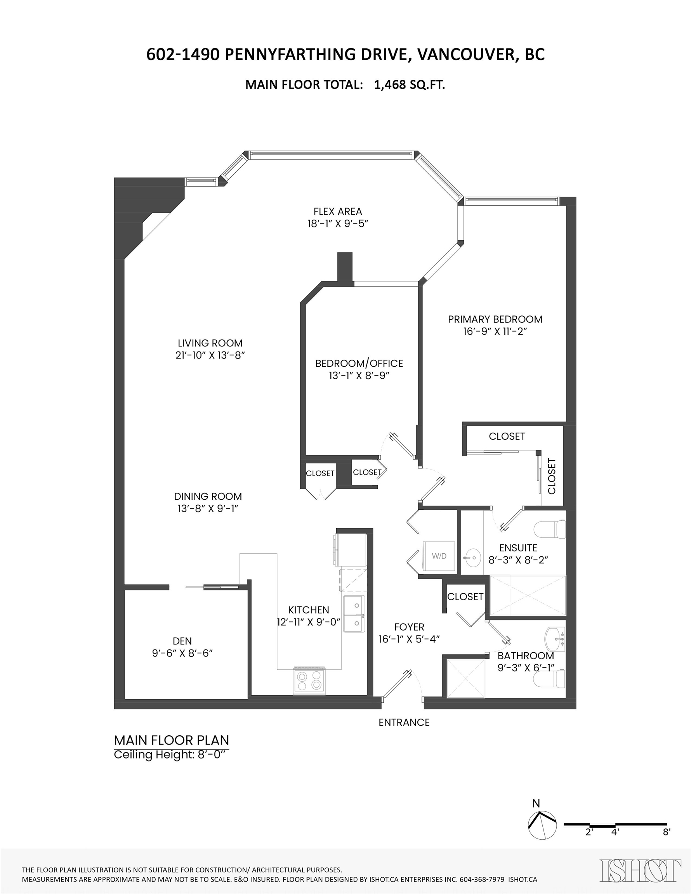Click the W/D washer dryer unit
(x=439, y=556)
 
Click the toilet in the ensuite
(x=550, y=529)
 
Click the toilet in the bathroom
(x=550, y=679)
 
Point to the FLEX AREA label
(x=338, y=211)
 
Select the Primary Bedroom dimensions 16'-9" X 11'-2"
(x=495, y=332)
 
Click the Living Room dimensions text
(x=210, y=355)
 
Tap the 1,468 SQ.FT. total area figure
(x=410, y=85)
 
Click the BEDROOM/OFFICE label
(x=359, y=364)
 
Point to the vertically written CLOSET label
(x=552, y=476)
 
